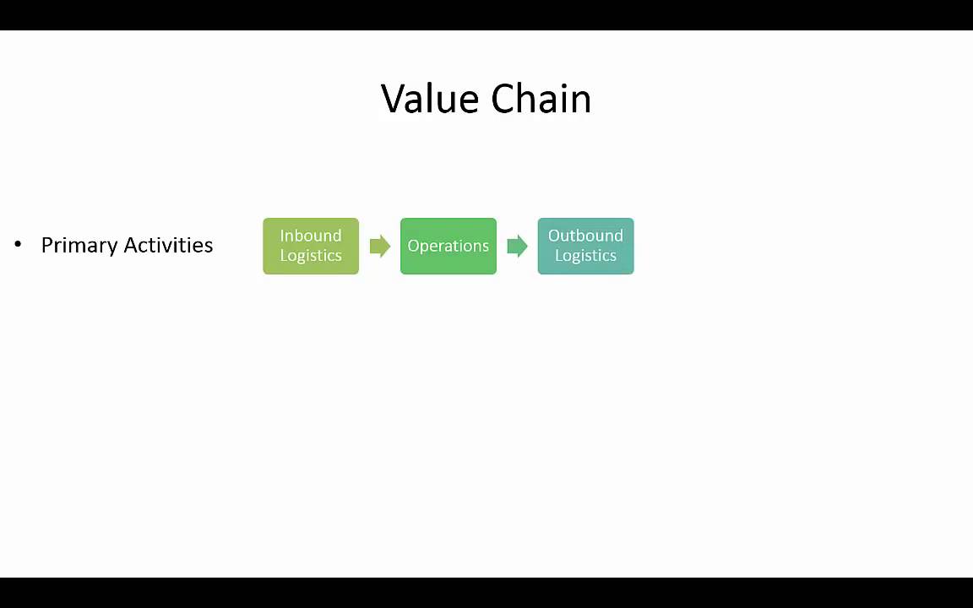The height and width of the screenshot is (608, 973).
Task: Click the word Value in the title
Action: pyautogui.click(x=431, y=99)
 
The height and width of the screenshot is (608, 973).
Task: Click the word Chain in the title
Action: pyautogui.click(x=541, y=99)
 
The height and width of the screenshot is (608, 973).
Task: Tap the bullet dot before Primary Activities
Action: pyautogui.click(x=18, y=245)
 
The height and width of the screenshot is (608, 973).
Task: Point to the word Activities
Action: pyautogui.click(x=168, y=245)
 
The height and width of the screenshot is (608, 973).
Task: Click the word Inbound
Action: pyautogui.click(x=311, y=236)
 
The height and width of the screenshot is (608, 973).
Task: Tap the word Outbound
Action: pyautogui.click(x=585, y=236)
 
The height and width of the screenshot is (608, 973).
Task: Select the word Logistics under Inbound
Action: pyautogui.click(x=311, y=256)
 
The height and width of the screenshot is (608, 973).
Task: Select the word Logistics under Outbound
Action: pyautogui.click(x=585, y=256)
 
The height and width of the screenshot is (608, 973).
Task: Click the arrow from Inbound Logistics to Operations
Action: pyautogui.click(x=380, y=246)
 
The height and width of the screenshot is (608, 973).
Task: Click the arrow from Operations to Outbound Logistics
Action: pyautogui.click(x=517, y=246)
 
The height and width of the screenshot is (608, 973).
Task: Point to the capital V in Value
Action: pyautogui.click(x=394, y=99)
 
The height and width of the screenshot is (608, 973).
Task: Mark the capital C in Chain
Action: pyautogui.click(x=503, y=99)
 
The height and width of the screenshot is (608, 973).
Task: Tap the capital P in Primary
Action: pyautogui.click(x=46, y=245)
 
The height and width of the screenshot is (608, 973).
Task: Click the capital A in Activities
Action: pyautogui.click(x=131, y=245)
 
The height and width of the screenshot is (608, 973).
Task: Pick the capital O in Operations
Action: pyautogui.click(x=413, y=246)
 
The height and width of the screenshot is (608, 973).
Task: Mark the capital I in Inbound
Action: pyautogui.click(x=282, y=236)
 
